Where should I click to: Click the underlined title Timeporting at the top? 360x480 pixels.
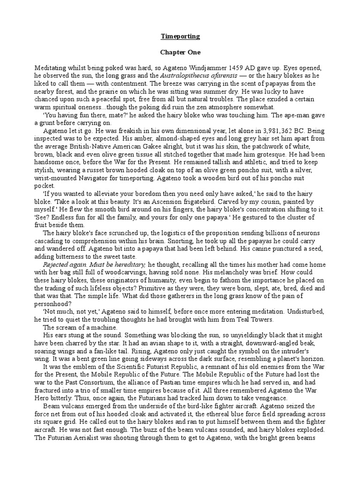coord(180,36)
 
